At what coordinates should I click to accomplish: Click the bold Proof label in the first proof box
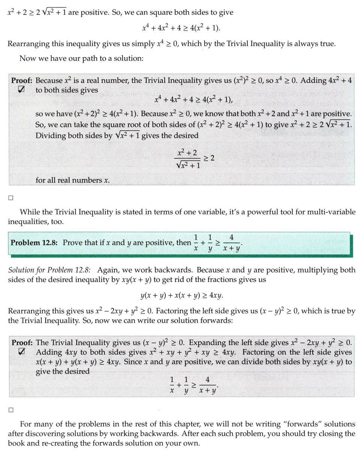(22, 80)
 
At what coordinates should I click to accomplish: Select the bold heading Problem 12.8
(34, 243)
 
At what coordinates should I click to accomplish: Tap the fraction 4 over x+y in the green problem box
(231, 243)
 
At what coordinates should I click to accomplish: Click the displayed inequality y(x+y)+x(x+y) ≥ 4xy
(181, 295)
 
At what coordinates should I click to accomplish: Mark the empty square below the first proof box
(11, 197)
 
